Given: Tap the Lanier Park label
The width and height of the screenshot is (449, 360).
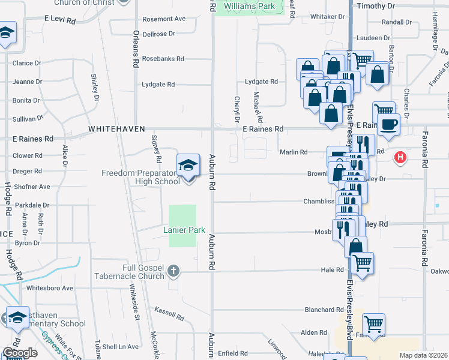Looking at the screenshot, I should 184,230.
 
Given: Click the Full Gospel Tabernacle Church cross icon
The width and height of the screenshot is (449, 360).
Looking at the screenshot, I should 173,271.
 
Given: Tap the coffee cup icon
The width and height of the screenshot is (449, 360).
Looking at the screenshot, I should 390,125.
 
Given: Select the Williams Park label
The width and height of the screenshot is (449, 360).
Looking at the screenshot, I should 250,7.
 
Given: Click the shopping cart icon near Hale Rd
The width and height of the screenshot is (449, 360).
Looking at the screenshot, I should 362,262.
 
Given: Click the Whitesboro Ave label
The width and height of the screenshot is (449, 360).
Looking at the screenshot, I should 50,288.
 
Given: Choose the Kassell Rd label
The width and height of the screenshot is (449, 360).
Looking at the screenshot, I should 169,314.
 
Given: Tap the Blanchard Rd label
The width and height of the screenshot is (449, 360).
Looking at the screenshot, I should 324,310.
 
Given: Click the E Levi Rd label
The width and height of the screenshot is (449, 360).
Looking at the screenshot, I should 60,20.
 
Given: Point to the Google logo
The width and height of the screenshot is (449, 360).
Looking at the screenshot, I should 20,353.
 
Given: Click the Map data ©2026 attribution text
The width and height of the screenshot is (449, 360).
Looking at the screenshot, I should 423,355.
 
